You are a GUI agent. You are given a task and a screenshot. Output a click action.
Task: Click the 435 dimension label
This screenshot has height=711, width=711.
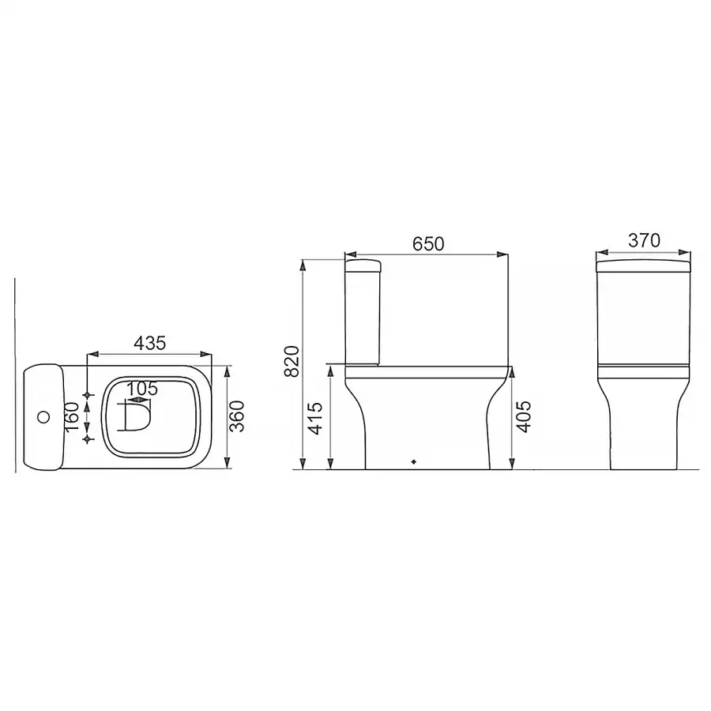(x=150, y=344)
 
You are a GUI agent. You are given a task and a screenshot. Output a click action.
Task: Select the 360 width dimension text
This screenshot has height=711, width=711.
(x=237, y=416)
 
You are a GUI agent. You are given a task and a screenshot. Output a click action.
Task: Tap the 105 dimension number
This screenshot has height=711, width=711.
(x=141, y=389)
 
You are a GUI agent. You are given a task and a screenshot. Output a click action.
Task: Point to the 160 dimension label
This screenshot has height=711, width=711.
(x=73, y=417)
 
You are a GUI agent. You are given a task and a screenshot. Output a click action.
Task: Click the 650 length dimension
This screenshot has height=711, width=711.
(x=428, y=244)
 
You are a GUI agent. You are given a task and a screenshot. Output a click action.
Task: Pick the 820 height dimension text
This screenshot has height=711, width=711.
(x=292, y=361)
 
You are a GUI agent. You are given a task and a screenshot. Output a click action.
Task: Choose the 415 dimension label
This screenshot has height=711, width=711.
(x=314, y=418)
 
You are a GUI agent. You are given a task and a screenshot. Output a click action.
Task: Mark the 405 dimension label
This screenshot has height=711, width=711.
(x=525, y=416)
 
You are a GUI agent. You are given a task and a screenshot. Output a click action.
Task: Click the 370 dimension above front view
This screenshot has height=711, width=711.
(x=644, y=240)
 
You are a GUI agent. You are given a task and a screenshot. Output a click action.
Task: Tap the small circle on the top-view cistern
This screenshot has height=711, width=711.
(x=43, y=416)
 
